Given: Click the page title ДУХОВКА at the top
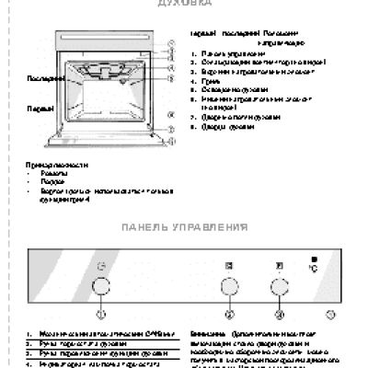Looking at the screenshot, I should [x=183, y=4].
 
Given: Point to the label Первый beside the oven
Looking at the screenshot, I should [x=38, y=109].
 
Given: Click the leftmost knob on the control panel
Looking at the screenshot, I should [x=101, y=287].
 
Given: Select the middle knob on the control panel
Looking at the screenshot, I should [x=228, y=287].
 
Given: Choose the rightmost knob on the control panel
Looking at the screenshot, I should [x=277, y=287].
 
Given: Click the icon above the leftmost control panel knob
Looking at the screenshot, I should [x=101, y=267].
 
